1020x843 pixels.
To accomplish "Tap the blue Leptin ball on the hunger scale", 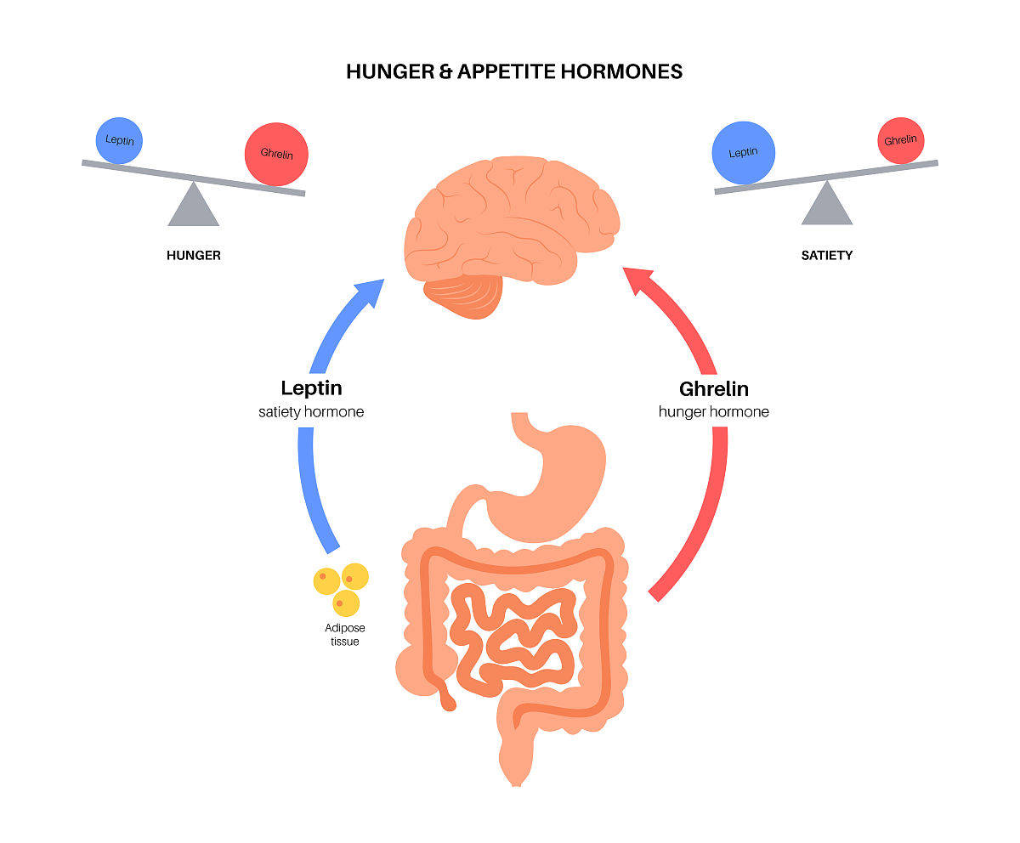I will click(x=119, y=140).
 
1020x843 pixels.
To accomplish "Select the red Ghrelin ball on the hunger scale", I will click(x=276, y=155).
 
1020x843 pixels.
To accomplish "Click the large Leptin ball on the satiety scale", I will click(x=743, y=153).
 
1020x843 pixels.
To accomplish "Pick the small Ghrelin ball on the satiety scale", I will click(x=900, y=140).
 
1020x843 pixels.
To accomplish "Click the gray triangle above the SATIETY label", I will click(x=827, y=206).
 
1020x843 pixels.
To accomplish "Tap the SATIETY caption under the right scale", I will click(x=826, y=255).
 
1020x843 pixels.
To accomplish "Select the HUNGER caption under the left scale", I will click(x=194, y=255).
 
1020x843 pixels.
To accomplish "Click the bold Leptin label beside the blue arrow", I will click(x=311, y=388).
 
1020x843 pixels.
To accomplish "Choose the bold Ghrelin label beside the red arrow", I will click(x=713, y=389).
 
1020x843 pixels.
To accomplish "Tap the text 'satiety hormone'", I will click(x=311, y=412).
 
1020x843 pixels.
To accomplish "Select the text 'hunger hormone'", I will click(x=713, y=412).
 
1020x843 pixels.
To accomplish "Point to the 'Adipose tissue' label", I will click(x=344, y=635).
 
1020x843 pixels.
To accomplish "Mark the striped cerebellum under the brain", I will click(x=464, y=295).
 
